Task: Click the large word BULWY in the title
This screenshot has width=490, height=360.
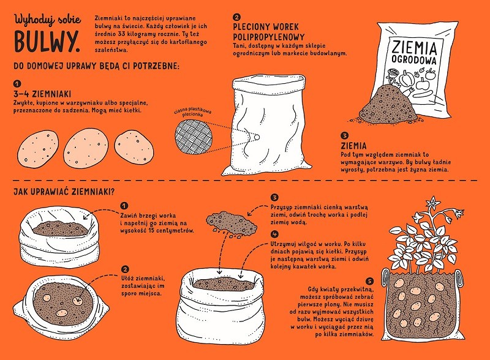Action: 47,42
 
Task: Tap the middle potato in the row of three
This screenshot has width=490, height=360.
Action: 86,148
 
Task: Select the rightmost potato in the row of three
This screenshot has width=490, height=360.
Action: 134,147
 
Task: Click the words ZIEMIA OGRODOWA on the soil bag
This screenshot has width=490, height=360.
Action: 414,53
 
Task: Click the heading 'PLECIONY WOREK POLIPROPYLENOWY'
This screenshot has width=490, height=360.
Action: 269,32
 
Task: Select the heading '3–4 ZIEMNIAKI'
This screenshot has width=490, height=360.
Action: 42,94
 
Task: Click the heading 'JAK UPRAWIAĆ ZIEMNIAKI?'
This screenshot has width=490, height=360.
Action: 64,191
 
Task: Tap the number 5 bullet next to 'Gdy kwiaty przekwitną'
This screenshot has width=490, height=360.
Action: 369,281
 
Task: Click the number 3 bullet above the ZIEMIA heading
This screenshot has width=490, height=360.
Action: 344,135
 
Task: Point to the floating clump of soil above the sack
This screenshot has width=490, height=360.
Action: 232,223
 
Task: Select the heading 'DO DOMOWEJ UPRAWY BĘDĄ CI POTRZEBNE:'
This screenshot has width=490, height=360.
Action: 96,66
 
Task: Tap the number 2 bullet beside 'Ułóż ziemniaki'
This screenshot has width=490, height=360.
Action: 125,269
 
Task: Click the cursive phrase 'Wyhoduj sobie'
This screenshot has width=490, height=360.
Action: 48,20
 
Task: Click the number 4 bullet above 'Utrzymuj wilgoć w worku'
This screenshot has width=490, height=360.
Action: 274,234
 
